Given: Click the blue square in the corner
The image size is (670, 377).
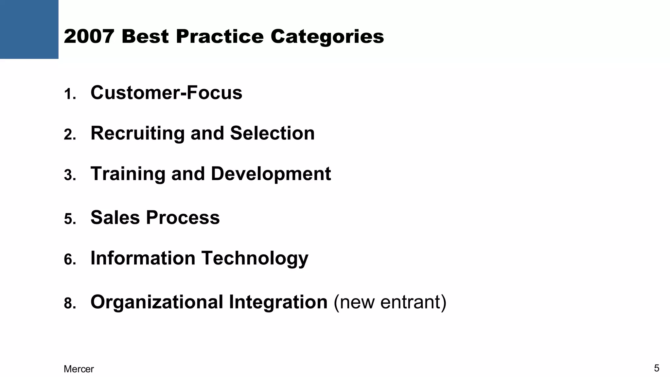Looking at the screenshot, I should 29,29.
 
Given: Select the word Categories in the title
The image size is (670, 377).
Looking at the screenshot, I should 327,37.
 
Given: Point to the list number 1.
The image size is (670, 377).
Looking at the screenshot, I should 70,95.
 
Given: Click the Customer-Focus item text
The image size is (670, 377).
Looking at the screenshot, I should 166,93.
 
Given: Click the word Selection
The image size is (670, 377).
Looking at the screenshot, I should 272,133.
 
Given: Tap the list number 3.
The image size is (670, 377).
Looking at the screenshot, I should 70,175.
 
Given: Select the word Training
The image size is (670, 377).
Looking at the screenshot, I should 128,174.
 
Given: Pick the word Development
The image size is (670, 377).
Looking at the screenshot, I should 271,174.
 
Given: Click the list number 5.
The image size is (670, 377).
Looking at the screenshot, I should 70,219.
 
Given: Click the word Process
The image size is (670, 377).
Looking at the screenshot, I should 183,217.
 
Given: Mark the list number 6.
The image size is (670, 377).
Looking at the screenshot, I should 70,260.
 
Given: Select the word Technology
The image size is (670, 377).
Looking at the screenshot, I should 255,259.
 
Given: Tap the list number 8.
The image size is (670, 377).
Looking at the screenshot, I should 70,304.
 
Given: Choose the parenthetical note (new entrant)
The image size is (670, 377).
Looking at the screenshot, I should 390,302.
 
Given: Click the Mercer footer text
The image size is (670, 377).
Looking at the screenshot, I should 79,369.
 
